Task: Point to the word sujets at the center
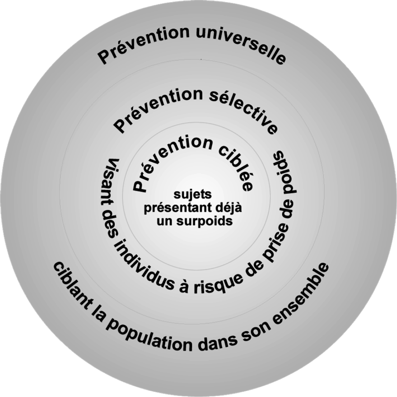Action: click(x=193, y=195)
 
